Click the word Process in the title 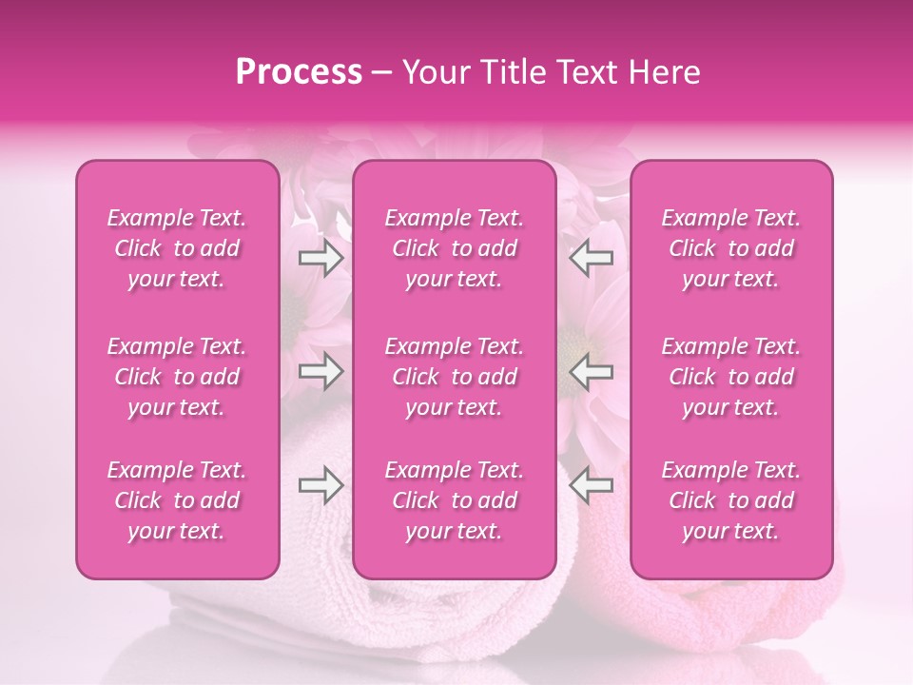pyautogui.click(x=298, y=72)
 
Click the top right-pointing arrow pyautogui.click(x=321, y=257)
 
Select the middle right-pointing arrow pyautogui.click(x=321, y=371)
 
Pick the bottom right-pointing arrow pyautogui.click(x=321, y=485)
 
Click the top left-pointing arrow pyautogui.click(x=592, y=257)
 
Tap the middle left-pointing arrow pyautogui.click(x=592, y=371)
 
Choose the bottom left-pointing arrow pyautogui.click(x=592, y=485)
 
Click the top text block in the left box pyautogui.click(x=177, y=248)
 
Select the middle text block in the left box pyautogui.click(x=177, y=377)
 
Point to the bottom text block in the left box pyautogui.click(x=177, y=500)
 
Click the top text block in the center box pyautogui.click(x=455, y=248)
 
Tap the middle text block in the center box pyautogui.click(x=455, y=377)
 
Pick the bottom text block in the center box pyautogui.click(x=455, y=500)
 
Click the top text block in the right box pyautogui.click(x=731, y=248)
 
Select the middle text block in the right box pyautogui.click(x=731, y=377)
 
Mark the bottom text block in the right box pyautogui.click(x=731, y=500)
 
